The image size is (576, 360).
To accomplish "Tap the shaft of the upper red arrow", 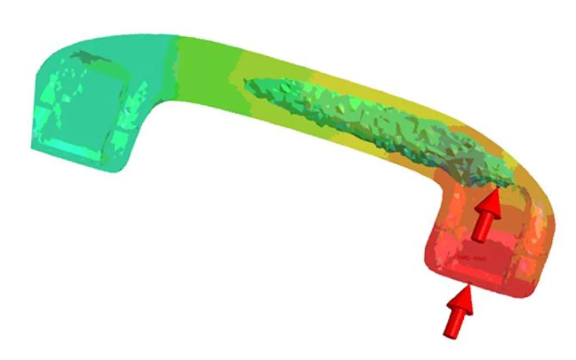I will pos(481,228).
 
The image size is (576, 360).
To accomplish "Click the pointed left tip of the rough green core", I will pos(246,83).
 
